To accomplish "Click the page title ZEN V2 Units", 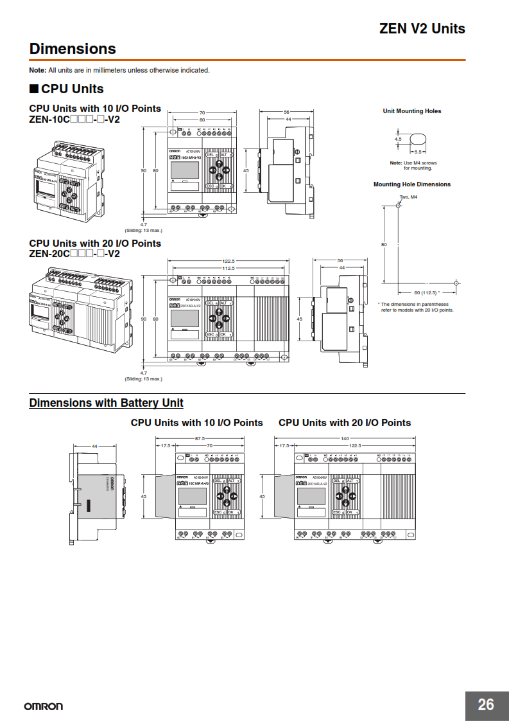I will click(x=422, y=28).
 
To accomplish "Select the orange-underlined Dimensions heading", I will click(x=73, y=49).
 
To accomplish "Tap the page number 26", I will click(x=486, y=704).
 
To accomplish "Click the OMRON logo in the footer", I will click(x=44, y=706).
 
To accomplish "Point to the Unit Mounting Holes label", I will click(x=411, y=111).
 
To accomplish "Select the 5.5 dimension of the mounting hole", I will click(x=418, y=152).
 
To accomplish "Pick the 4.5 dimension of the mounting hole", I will click(x=398, y=138).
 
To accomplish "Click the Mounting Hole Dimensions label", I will click(x=411, y=184).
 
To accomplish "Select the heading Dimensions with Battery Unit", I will click(x=106, y=403).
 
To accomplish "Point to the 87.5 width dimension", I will click(x=200, y=438).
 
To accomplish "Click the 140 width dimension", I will click(x=345, y=438).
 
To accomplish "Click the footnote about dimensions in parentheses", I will click(x=415, y=307).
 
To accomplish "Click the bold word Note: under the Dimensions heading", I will click(x=38, y=70).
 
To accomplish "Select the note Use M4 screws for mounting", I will click(x=413, y=166).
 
